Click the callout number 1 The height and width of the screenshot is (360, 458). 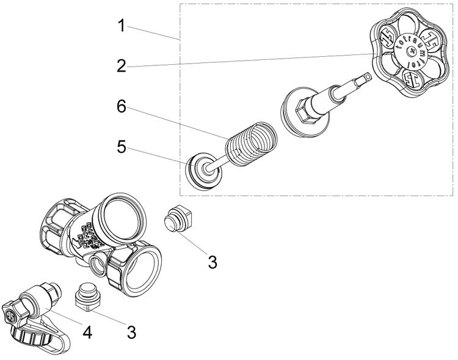122,26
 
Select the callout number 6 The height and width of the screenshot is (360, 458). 122,106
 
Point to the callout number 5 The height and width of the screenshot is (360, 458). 122,147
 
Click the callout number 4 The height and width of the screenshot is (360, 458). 88,333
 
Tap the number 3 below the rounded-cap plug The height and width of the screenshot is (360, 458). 212,262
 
